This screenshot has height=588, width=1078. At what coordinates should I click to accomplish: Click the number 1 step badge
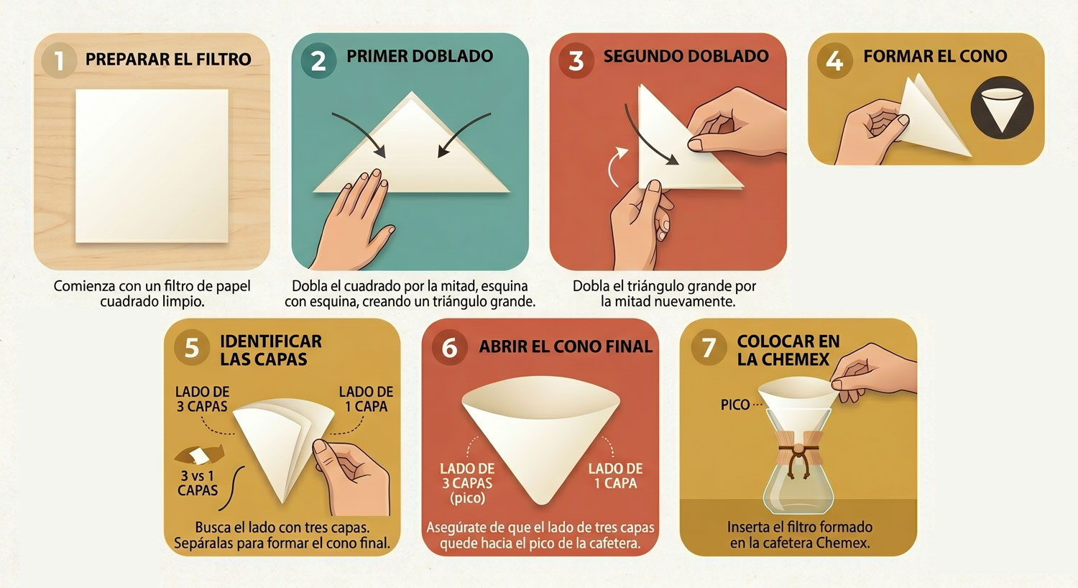coord(59,61)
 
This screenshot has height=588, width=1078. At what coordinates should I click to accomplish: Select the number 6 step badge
coord(449,347)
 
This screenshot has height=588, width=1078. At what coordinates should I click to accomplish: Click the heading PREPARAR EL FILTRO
coord(168,59)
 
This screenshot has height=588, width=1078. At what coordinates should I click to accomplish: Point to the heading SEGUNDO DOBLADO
coord(686,56)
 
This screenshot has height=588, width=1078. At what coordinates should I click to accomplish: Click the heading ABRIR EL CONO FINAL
coord(566,346)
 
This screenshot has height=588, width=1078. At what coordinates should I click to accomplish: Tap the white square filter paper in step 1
coord(152,165)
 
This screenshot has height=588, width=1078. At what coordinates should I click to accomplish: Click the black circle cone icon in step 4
coord(1002,107)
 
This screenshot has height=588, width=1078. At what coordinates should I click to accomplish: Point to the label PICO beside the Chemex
coord(735,405)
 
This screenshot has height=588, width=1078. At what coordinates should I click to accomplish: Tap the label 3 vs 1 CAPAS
coord(198,483)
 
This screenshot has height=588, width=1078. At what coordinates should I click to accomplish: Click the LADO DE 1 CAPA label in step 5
coord(366,399)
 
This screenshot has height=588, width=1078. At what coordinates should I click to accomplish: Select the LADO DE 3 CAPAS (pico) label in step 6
coord(467,483)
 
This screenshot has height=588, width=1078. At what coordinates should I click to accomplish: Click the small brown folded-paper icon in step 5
coord(199,455)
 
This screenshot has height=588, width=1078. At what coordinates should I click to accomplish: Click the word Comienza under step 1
coord(85,286)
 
